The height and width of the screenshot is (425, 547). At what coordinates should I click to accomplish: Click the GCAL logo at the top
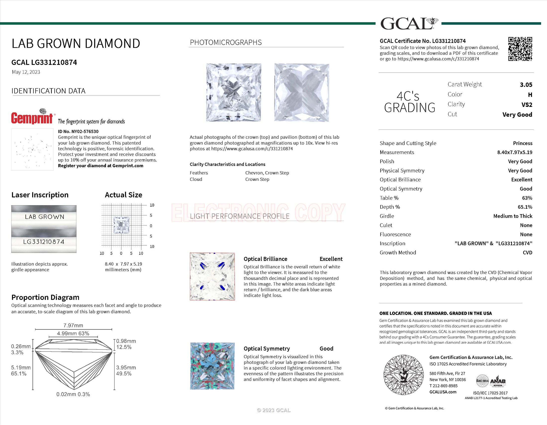coord(409,24)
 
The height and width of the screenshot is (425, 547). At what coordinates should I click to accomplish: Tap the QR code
coord(520,49)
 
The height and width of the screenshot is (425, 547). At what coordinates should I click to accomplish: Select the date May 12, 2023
coord(26,72)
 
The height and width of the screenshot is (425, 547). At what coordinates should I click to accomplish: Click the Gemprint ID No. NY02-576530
coord(78,131)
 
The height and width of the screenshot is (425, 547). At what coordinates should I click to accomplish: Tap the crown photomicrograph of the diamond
coord(233,93)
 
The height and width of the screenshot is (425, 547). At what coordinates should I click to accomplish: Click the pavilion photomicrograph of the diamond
coord(302,93)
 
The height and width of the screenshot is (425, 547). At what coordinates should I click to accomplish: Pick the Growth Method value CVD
coord(527,253)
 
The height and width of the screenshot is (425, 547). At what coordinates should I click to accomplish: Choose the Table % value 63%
coord(527,198)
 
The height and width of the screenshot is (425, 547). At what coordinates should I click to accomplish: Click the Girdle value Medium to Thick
coord(512,216)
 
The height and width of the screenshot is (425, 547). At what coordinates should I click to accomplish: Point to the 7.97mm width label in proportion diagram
coord(73,325)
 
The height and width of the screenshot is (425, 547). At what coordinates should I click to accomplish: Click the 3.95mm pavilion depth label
coord(126,367)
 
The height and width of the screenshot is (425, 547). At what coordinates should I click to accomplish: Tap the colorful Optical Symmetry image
coord(212,366)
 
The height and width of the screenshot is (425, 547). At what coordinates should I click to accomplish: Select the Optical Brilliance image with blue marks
coord(212,276)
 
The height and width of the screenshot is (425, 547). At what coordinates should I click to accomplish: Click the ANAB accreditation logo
coord(498,381)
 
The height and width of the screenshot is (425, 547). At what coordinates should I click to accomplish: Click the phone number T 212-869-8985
coord(443,386)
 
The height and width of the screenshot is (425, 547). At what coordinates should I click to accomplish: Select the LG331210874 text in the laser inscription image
coord(44,242)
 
